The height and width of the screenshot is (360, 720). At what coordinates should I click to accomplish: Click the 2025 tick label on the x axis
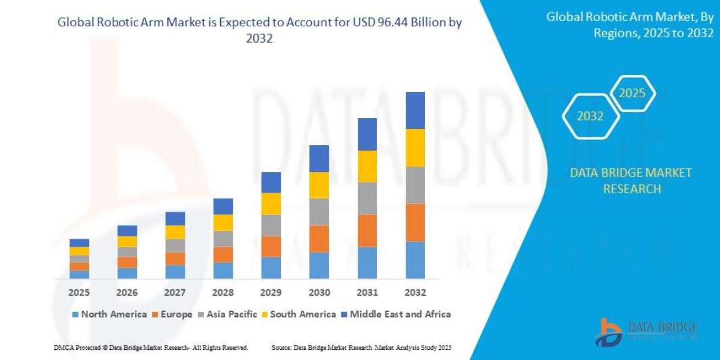79,293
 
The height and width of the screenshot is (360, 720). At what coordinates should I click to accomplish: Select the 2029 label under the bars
271,293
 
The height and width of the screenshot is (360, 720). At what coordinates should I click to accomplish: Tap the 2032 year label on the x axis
415,293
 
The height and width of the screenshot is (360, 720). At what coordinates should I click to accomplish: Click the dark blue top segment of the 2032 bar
415,110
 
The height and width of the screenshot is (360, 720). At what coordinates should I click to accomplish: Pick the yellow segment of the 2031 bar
367,166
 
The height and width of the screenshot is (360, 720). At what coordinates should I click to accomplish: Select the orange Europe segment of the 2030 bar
319,239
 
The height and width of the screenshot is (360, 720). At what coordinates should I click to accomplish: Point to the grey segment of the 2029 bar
271,225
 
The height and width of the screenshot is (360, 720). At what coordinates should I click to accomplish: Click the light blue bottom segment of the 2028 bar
223,271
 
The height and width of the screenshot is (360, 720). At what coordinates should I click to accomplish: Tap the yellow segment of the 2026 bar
127,241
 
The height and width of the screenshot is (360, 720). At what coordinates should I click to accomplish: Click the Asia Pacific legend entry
227,314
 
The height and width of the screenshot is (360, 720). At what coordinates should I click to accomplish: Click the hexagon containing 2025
632,94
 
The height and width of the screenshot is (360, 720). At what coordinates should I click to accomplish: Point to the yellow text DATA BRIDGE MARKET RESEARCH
631,181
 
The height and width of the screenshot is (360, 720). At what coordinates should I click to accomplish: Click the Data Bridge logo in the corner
647,332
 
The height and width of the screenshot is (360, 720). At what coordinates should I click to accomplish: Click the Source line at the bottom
361,347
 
